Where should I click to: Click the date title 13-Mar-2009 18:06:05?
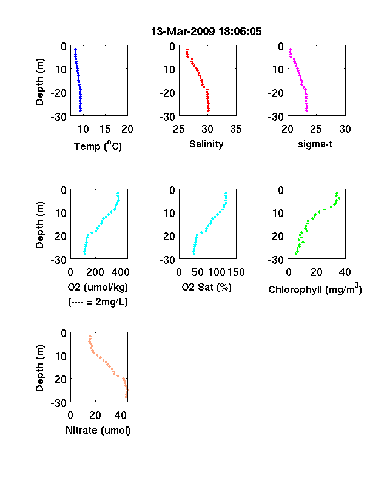(x=206, y=32)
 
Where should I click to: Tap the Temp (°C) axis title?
(x=98, y=146)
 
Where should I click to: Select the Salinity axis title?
(x=206, y=144)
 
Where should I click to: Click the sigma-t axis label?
(x=315, y=144)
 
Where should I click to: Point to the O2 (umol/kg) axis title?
(x=98, y=287)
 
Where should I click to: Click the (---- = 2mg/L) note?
(x=98, y=302)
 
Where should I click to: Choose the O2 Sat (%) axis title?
(x=207, y=287)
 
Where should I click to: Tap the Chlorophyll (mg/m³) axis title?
(x=315, y=289)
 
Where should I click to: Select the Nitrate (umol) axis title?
(x=98, y=430)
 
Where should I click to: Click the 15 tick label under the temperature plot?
(x=105, y=129)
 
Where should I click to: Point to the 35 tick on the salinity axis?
(x=236, y=129)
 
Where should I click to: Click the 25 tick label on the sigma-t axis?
(x=316, y=129)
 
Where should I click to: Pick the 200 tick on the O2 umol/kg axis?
(x=95, y=272)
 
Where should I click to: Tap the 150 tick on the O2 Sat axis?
(x=236, y=272)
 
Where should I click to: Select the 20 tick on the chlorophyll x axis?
(x=317, y=272)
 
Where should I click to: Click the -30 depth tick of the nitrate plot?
(x=58, y=403)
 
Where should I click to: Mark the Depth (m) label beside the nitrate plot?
(x=39, y=368)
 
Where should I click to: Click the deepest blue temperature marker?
(x=81, y=110)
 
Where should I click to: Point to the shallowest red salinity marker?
(x=187, y=49)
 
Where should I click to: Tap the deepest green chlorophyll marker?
(x=295, y=254)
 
